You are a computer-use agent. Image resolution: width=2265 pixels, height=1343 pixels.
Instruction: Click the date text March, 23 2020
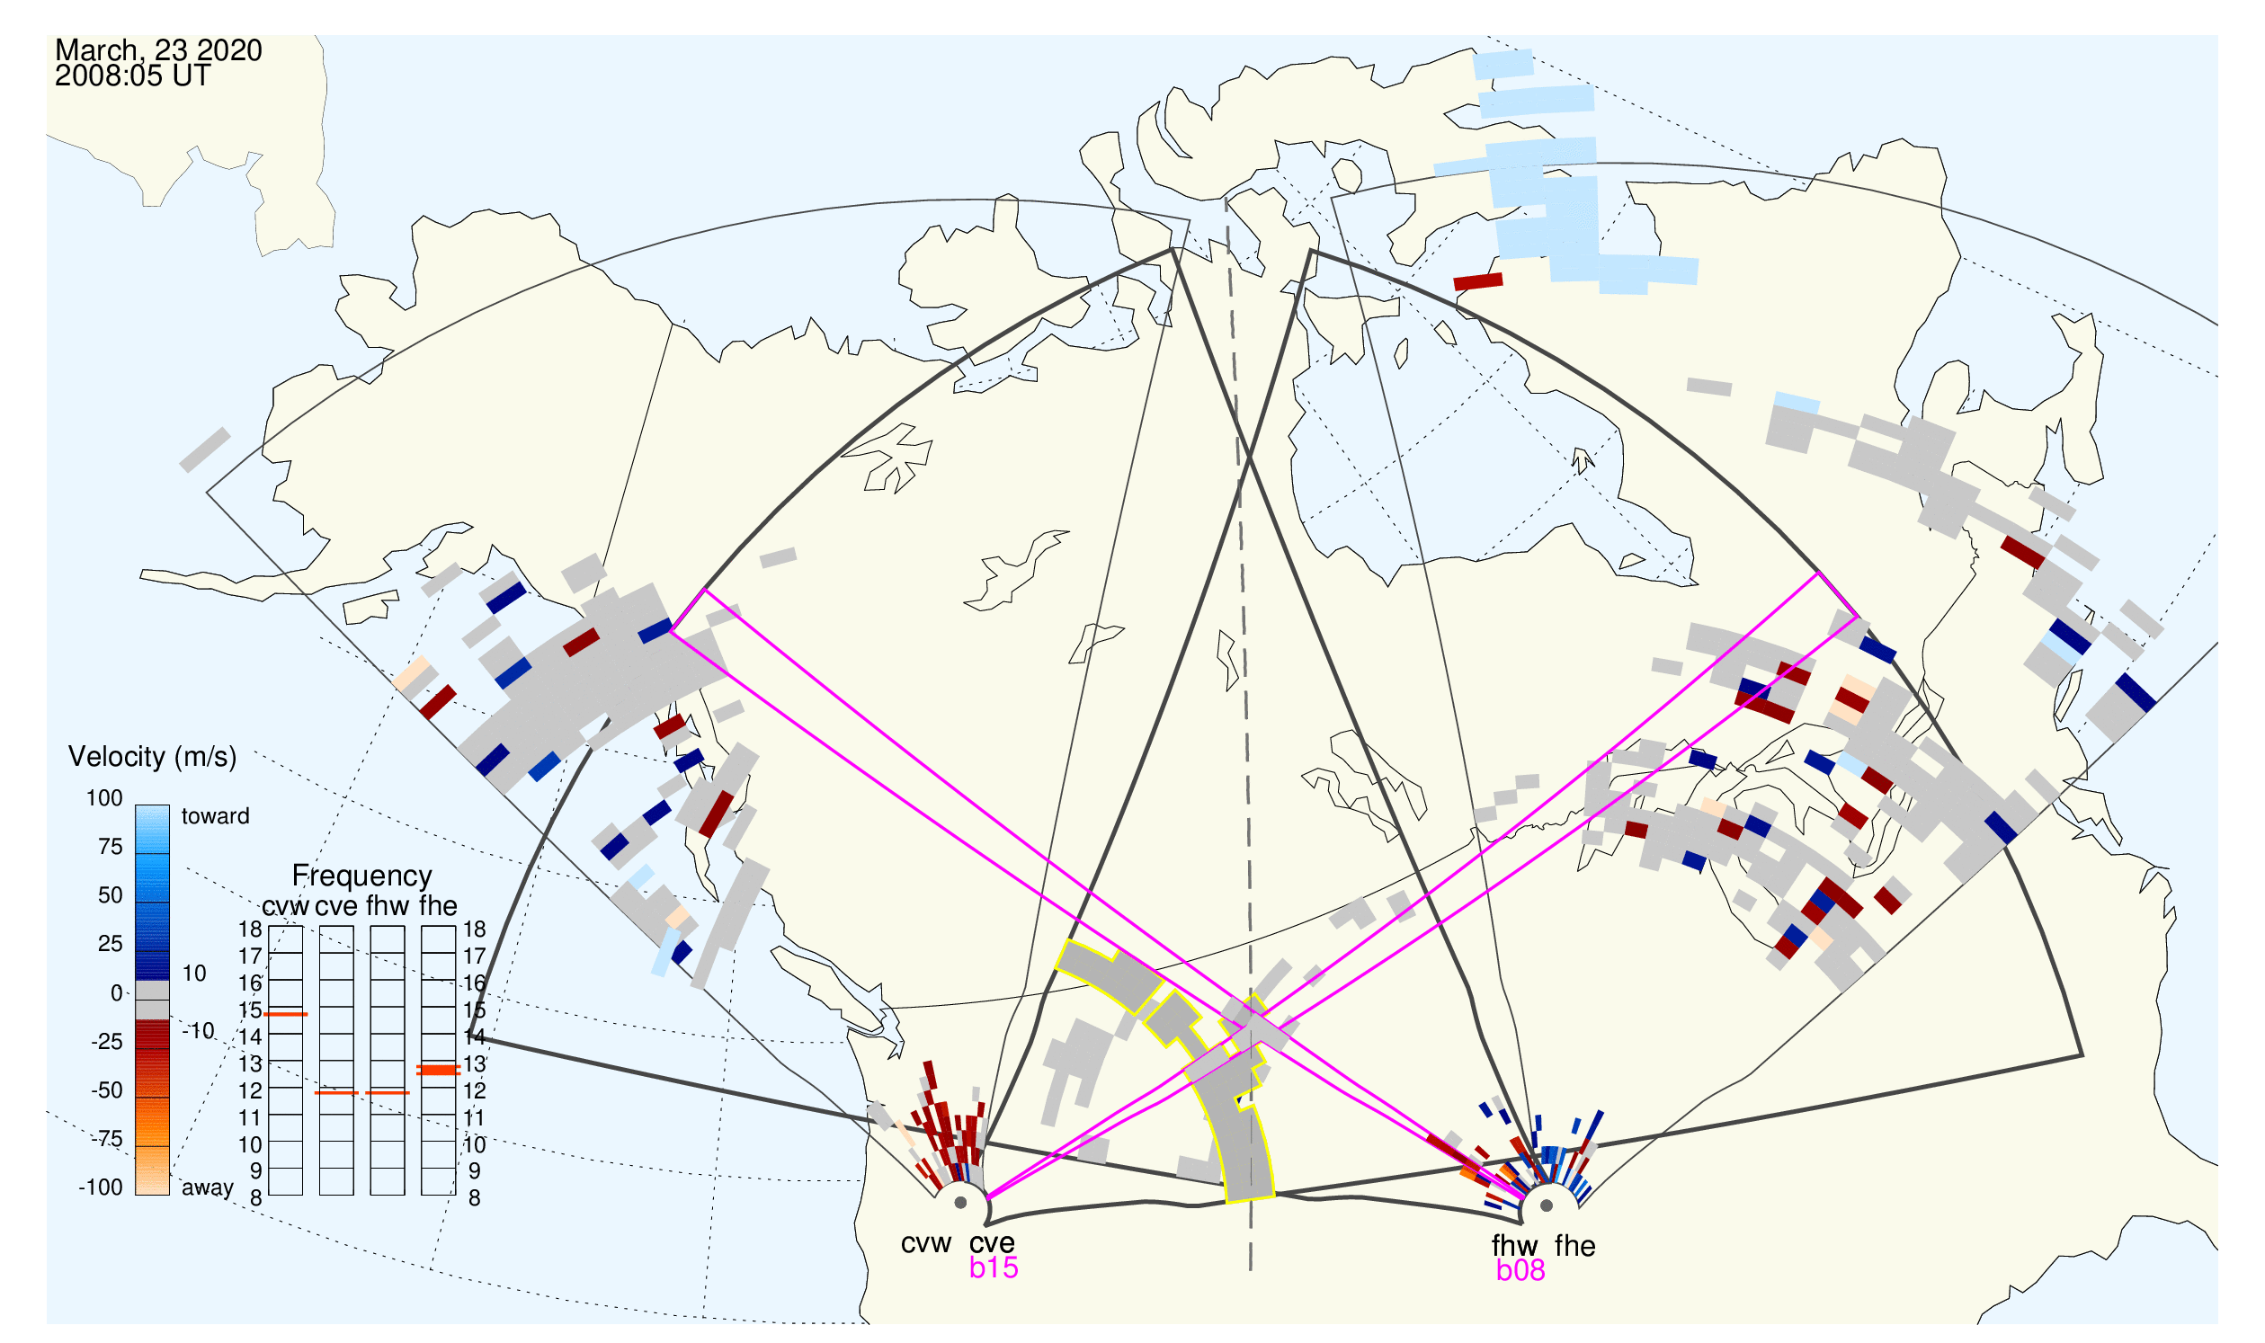pos(158,49)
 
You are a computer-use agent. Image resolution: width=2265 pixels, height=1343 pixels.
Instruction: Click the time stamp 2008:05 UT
pos(132,76)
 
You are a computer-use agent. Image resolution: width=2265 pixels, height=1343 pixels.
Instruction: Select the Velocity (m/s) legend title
pos(152,758)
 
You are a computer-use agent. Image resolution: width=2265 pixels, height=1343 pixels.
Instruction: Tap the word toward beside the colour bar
pos(216,816)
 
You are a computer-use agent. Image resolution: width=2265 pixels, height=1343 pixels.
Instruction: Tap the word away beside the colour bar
pos(208,1187)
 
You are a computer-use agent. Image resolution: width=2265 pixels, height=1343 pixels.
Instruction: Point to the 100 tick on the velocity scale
pos(104,798)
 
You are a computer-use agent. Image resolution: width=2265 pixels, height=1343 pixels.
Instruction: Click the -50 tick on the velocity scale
pos(106,1090)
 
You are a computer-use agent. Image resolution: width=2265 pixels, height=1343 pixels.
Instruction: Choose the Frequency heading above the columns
pos(362,876)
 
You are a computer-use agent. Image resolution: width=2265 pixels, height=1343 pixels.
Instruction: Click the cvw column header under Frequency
pos(285,906)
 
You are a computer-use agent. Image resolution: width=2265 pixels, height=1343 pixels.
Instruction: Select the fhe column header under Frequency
pos(438,905)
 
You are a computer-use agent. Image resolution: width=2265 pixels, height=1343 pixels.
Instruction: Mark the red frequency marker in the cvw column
pos(286,1015)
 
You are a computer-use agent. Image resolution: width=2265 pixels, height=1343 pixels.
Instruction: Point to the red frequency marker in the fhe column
pos(438,1070)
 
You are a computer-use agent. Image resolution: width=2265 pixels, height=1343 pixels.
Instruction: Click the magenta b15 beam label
pos(994,1267)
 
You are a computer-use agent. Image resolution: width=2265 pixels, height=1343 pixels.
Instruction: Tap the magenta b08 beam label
pos(1520,1270)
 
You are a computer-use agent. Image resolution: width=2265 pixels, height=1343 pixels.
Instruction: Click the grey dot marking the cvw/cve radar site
pos(960,1204)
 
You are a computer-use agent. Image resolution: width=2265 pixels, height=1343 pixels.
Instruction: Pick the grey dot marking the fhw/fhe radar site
pos(1547,1205)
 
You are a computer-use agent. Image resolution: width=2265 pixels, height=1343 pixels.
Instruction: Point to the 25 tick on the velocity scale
pos(111,944)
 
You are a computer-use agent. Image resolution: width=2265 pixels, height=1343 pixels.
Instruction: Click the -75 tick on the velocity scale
pos(106,1137)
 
